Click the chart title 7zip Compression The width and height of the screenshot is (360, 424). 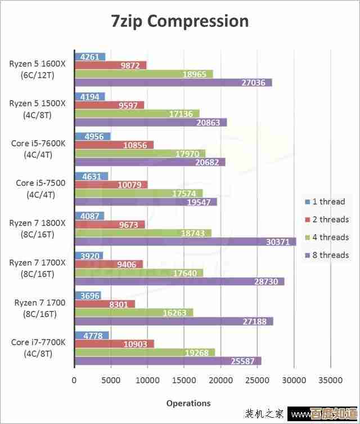179,21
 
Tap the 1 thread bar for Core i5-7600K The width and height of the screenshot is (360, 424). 92,136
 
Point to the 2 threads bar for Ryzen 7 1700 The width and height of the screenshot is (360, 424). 105,304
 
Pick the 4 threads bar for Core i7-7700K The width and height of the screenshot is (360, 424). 145,352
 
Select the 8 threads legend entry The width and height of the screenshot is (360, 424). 327,255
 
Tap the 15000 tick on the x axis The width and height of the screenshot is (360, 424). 184,380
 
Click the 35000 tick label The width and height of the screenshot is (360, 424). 331,380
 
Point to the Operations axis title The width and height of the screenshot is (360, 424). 188,403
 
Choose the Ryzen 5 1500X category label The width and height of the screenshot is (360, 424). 38,109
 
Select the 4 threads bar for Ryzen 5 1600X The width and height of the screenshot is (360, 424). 143,74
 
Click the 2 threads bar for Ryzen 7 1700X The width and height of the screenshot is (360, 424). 109,264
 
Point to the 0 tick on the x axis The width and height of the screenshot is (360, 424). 74,380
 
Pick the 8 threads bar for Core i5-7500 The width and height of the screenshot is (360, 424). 146,202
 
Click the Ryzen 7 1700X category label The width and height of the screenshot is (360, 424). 38,268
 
